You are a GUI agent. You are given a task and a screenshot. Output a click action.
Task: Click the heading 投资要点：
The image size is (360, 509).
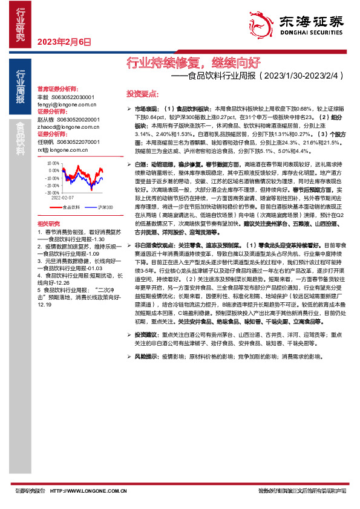click(x=143, y=94)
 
